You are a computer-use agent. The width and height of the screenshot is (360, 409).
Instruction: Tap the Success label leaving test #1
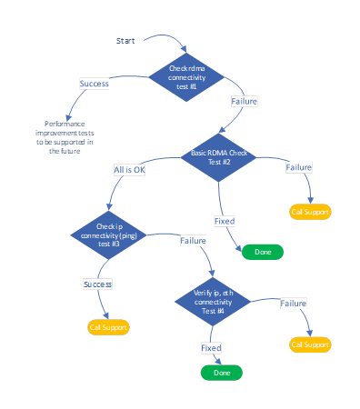click(x=95, y=84)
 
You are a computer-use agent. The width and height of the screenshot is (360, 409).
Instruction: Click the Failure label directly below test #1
click(x=244, y=101)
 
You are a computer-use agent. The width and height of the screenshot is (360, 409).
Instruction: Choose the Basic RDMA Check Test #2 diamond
click(x=219, y=156)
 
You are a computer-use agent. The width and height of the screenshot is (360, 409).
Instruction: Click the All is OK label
click(x=130, y=170)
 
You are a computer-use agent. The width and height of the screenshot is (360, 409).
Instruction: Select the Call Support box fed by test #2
click(x=310, y=212)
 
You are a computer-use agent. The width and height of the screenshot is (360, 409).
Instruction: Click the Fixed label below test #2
click(x=225, y=221)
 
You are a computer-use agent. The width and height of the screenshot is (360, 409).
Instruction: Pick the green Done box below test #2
click(x=262, y=252)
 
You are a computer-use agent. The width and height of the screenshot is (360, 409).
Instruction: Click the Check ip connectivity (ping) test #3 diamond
click(x=109, y=234)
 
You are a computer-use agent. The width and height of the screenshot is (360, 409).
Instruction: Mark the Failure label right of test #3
click(x=193, y=241)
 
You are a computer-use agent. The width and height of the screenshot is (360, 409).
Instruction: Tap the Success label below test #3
click(x=97, y=284)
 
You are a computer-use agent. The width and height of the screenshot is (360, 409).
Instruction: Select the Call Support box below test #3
click(x=108, y=326)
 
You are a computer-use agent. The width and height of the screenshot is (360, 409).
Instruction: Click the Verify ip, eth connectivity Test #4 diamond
click(x=214, y=301)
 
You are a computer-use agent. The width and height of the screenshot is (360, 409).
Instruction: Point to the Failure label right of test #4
click(x=292, y=303)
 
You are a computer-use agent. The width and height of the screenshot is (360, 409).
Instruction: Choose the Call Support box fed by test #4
click(x=310, y=344)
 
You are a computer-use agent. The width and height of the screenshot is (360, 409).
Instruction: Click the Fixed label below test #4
click(x=211, y=347)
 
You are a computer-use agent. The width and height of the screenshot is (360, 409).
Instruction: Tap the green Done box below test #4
click(x=222, y=373)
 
